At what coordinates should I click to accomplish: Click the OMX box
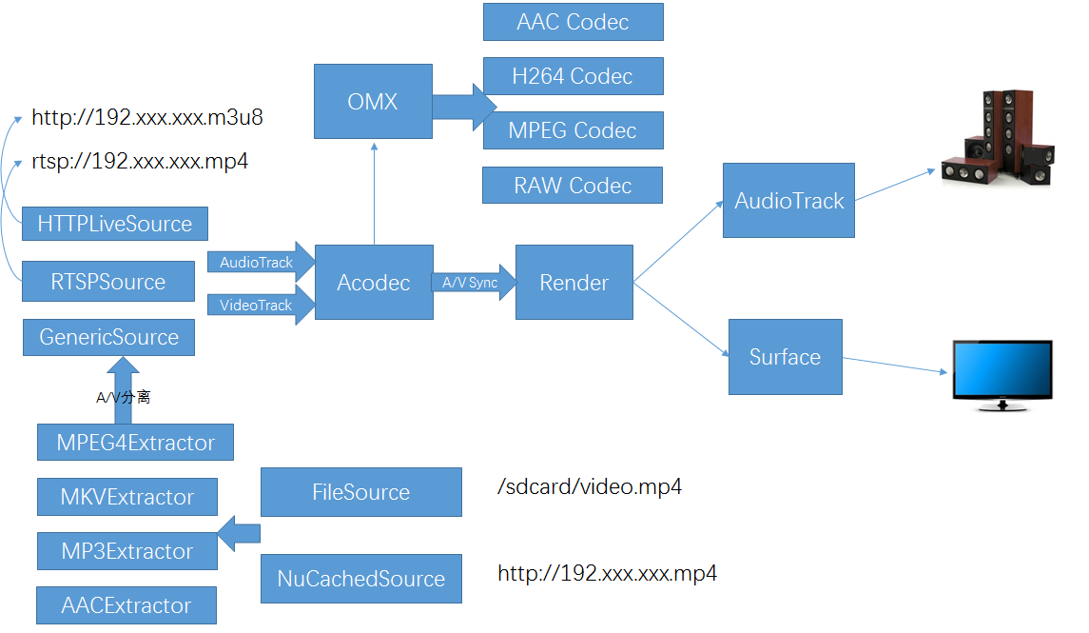(x=373, y=101)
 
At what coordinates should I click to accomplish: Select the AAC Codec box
(x=573, y=22)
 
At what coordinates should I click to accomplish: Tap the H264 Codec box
(x=573, y=76)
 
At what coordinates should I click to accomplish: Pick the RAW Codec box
(x=573, y=186)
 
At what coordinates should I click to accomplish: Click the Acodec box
(x=373, y=282)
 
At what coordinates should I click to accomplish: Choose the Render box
(x=574, y=282)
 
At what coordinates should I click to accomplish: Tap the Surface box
(x=785, y=357)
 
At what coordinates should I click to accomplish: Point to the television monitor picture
(x=1002, y=375)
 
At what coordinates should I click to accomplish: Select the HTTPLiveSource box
(x=114, y=224)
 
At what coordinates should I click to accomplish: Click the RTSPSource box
(x=108, y=282)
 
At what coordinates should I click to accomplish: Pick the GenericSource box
(x=108, y=337)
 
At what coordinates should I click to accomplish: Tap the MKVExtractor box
(x=126, y=497)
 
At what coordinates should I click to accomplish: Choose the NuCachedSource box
(x=361, y=579)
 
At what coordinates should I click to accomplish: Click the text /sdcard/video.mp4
(x=590, y=487)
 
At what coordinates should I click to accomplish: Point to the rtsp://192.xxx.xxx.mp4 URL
(x=140, y=161)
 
